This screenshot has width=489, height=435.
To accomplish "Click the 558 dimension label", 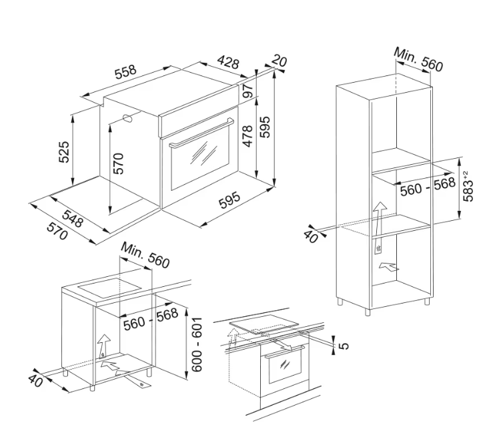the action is pos(125,71).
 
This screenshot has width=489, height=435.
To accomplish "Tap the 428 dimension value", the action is pos(228,62).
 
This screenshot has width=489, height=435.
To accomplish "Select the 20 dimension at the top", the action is pos(279,61).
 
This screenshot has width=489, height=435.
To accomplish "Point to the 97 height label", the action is pos(249,91).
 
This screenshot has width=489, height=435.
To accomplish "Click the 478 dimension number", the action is pos(248,136).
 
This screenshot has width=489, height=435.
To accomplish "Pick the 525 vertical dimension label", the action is pos(64,152).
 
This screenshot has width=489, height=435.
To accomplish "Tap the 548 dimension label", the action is pos(73,219).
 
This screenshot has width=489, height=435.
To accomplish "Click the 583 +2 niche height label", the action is pos(468,186).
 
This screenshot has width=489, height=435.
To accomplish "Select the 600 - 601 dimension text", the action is pos(197,344).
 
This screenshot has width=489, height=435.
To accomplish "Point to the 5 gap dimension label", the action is pos(344,346).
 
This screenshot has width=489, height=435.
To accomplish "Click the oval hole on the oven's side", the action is pos(128,119).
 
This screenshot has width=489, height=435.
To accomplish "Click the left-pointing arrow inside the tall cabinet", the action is pos(389,267).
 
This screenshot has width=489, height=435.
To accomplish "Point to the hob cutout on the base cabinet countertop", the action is pos(109,287).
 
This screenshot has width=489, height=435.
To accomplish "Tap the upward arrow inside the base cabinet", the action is pos(104,346).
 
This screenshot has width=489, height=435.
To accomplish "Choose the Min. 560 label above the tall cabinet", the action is pos(418,59).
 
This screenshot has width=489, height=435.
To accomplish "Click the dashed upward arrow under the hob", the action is pos(233,338).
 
